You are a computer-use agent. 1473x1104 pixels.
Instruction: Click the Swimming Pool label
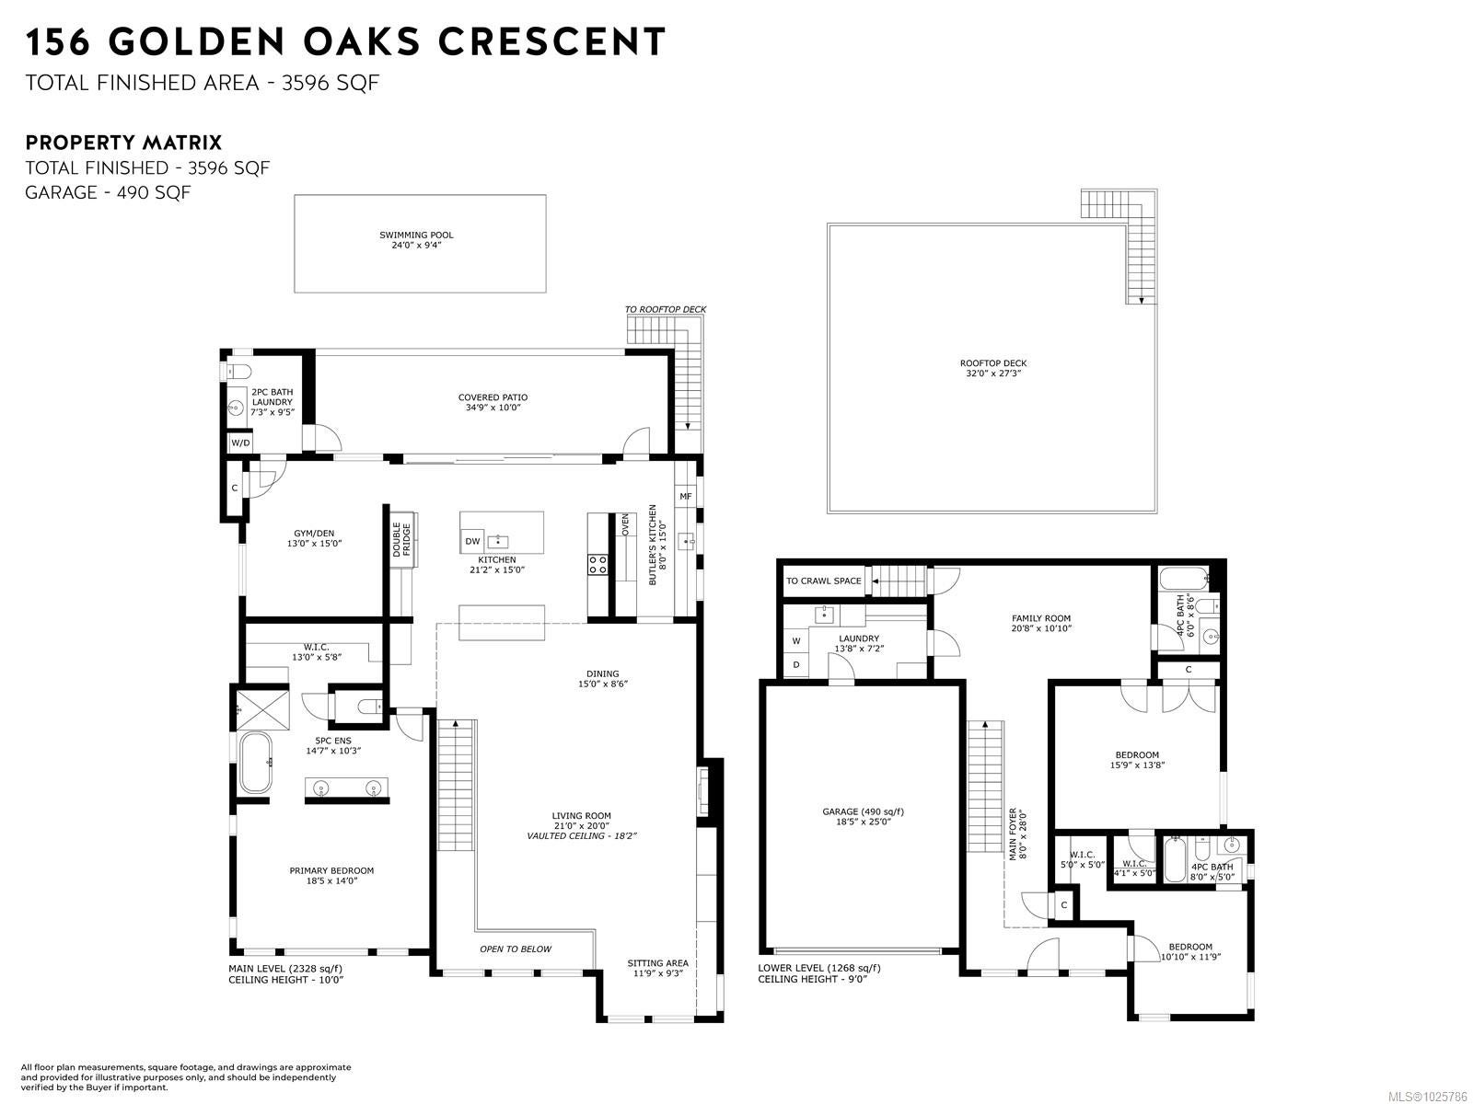click(x=416, y=240)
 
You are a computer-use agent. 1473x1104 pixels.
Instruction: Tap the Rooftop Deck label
click(x=993, y=368)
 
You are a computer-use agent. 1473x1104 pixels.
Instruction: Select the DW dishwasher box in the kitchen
click(x=472, y=541)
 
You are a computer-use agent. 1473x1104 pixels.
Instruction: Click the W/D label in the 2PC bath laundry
click(x=240, y=443)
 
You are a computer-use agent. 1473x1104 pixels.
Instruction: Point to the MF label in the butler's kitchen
click(x=685, y=497)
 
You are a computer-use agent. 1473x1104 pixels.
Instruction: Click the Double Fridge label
click(x=401, y=540)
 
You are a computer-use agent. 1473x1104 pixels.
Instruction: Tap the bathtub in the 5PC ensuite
click(x=256, y=763)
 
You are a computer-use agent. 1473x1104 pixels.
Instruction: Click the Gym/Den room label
click(x=314, y=538)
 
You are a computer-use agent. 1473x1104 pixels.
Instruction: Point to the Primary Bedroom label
click(x=331, y=876)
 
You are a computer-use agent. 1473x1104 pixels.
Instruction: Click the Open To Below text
click(x=516, y=949)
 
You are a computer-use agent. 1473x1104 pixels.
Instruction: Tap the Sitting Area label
click(x=657, y=968)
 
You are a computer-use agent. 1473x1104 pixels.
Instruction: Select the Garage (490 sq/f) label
click(x=863, y=816)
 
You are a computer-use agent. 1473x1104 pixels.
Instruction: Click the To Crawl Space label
click(x=823, y=581)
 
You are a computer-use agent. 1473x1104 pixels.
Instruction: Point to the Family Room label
click(x=1041, y=624)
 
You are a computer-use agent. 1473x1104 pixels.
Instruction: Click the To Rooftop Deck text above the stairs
click(x=665, y=310)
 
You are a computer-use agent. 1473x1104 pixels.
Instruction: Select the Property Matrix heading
click(x=123, y=143)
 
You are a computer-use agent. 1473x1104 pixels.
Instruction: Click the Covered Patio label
click(x=493, y=402)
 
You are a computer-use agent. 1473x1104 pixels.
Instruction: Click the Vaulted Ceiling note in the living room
click(x=581, y=836)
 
